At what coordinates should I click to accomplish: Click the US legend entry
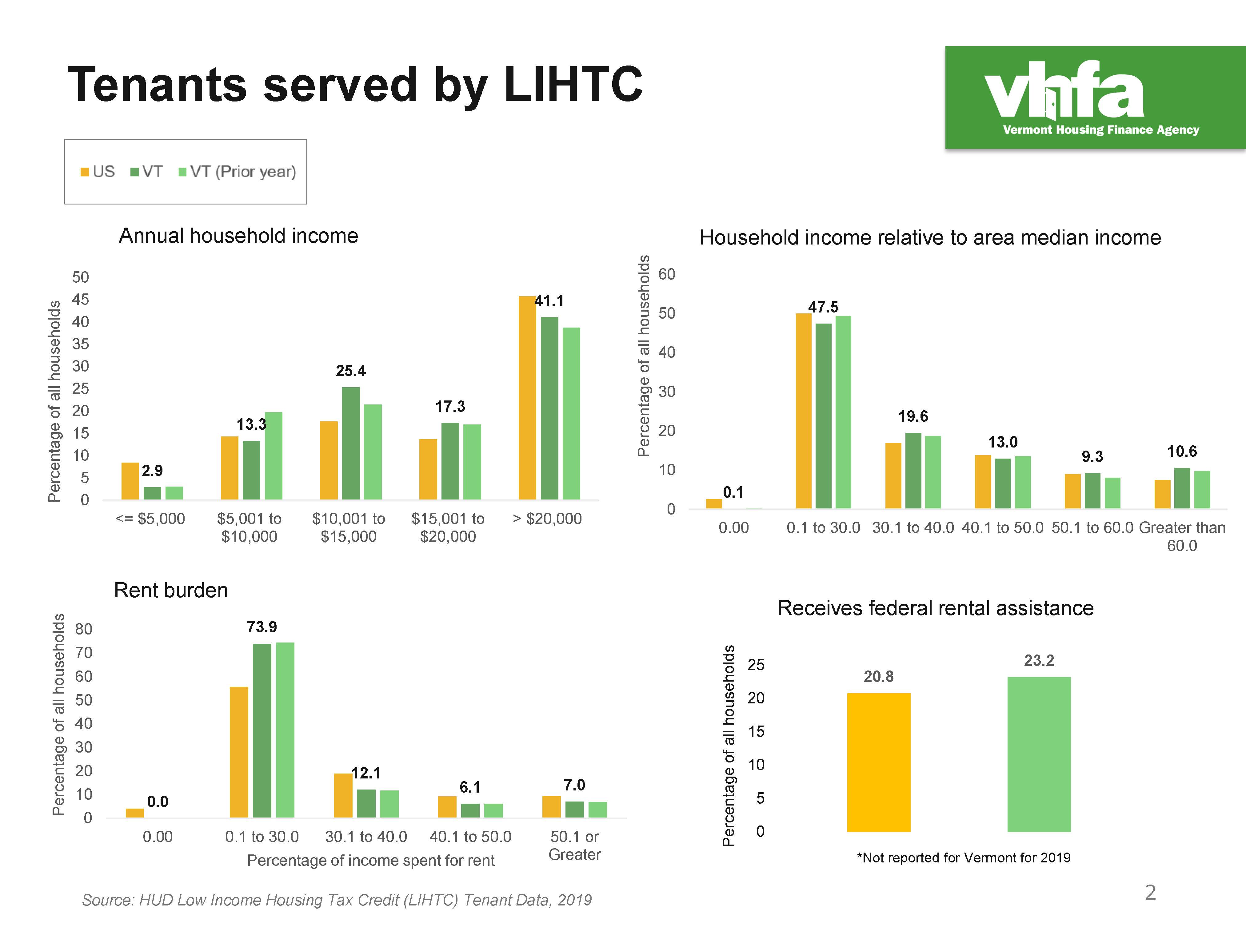point(98,172)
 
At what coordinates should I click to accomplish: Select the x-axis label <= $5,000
point(150,519)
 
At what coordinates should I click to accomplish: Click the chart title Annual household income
point(238,236)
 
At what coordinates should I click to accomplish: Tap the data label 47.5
point(823,307)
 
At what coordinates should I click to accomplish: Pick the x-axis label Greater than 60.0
point(1182,536)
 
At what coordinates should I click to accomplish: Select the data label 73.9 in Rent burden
point(262,627)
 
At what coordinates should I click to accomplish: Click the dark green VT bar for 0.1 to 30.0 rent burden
point(262,730)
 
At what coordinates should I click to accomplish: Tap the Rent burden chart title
point(171,590)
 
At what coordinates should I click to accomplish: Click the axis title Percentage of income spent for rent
point(371,860)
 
